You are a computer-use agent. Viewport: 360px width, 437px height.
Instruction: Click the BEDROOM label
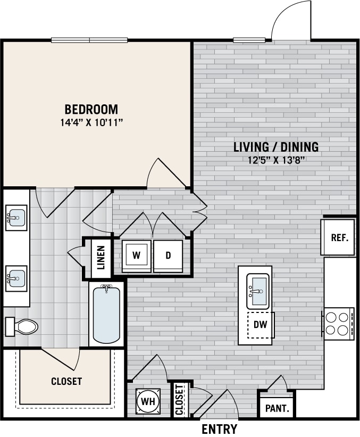[91, 110]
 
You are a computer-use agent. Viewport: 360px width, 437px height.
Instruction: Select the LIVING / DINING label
[276, 147]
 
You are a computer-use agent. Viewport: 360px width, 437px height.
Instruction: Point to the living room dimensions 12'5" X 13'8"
[276, 160]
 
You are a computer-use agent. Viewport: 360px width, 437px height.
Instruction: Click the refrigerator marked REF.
[339, 237]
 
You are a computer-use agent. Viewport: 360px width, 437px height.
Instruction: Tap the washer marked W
[136, 255]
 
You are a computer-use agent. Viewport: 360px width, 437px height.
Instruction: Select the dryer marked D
[168, 255]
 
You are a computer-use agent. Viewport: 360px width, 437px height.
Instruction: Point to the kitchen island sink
[258, 291]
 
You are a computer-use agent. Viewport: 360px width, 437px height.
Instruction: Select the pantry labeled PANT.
[277, 408]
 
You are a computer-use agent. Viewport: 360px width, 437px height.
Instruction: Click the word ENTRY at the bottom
[219, 429]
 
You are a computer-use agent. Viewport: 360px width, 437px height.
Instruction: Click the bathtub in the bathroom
[106, 314]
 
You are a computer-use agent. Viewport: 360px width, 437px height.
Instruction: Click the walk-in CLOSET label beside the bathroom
[66, 381]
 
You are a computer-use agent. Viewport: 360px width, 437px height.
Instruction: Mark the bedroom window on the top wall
[89, 40]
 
